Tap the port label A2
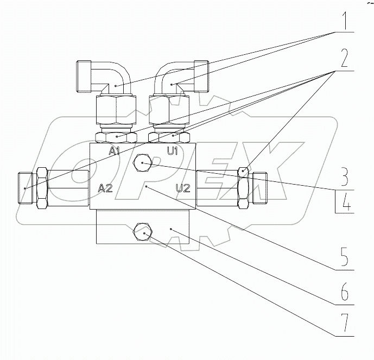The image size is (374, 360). pyautogui.click(x=105, y=188)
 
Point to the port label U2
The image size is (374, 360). pyautogui.click(x=182, y=188)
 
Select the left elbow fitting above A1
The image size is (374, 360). pyautogui.click(x=104, y=77)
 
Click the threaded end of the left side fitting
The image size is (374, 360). pyautogui.click(x=26, y=188)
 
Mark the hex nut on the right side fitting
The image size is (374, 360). pyautogui.click(x=244, y=188)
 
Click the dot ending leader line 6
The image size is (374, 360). pyautogui.click(x=172, y=230)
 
